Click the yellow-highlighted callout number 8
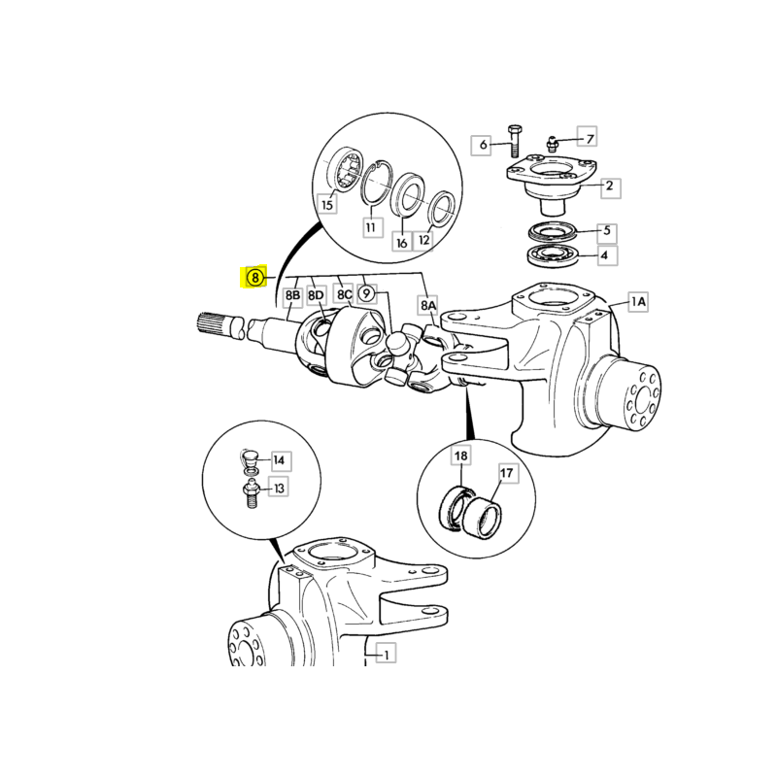click(254, 277)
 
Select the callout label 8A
click(428, 305)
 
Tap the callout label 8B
click(292, 296)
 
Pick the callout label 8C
click(345, 295)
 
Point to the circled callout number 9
click(366, 294)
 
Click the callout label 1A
click(638, 301)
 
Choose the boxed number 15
click(327, 204)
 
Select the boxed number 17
click(506, 473)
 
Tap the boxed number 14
click(279, 460)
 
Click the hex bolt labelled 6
click(514, 141)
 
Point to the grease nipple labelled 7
click(551, 144)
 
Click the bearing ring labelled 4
click(552, 255)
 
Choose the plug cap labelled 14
click(250, 457)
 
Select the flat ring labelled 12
click(441, 210)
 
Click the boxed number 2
click(611, 186)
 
